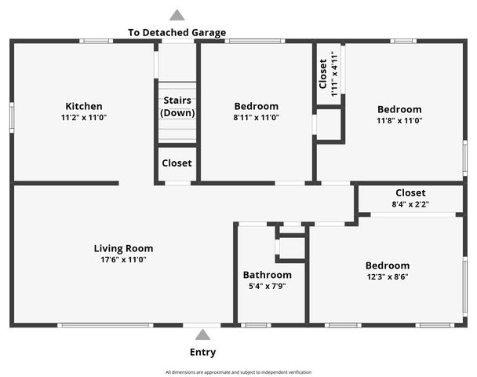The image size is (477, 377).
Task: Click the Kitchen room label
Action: pyautogui.click(x=84, y=107)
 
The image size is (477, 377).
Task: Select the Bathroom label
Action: pyautogui.click(x=267, y=275)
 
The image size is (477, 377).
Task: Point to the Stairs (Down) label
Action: pyautogui.click(x=177, y=107)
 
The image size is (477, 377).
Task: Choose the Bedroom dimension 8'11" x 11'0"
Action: pyautogui.click(x=256, y=117)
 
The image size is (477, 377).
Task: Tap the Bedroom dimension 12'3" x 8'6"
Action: pyautogui.click(x=387, y=276)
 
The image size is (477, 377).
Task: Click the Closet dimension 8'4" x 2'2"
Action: pyautogui.click(x=410, y=204)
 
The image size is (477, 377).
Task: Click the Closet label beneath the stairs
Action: pyautogui.click(x=177, y=163)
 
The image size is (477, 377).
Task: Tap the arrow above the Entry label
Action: pyautogui.click(x=202, y=335)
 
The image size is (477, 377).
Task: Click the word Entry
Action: pyautogui.click(x=202, y=352)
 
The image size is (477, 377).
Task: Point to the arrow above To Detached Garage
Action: pyautogui.click(x=177, y=15)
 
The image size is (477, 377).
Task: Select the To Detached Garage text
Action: pyautogui.click(x=177, y=33)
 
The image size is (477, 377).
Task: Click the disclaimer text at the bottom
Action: pyautogui.click(x=238, y=372)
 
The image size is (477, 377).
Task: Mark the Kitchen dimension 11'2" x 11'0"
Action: pyautogui.click(x=84, y=117)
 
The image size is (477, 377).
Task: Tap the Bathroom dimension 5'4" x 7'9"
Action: pyautogui.click(x=267, y=287)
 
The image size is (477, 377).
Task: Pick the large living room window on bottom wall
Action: pyautogui.click(x=105, y=324)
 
